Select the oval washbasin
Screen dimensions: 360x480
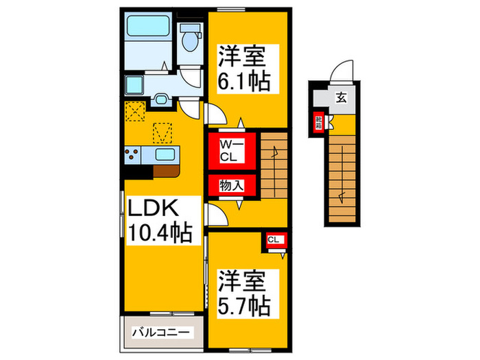point(162,99)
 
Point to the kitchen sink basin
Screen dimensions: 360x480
point(165,155)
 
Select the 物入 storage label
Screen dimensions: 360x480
point(232,185)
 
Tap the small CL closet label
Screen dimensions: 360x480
point(274,240)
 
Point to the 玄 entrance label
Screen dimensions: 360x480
point(341,97)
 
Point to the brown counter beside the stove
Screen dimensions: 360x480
point(167,170)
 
